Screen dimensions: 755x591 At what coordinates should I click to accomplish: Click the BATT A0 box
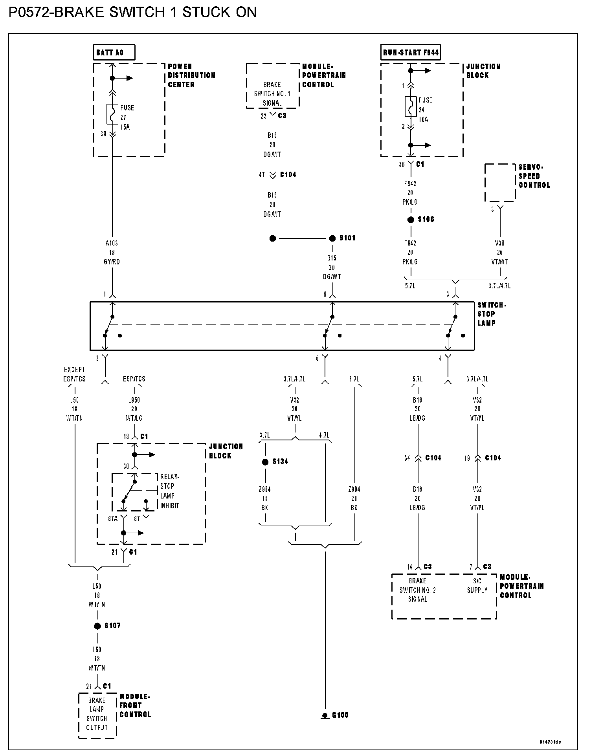coord(114,52)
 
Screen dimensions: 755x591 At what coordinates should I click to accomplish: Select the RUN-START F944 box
coord(410,52)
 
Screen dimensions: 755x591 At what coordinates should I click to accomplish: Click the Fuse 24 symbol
coord(411,106)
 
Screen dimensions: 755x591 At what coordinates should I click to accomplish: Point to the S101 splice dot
coord(332,238)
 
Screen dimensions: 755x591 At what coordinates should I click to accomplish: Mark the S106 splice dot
coord(411,220)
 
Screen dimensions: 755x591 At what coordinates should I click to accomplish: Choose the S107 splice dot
coord(97,626)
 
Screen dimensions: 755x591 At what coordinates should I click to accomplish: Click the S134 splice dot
coord(265,462)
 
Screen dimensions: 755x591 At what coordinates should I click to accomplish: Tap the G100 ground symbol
coord(325,715)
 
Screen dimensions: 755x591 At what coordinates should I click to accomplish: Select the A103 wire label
coord(112,244)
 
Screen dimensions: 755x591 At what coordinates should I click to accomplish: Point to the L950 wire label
coord(134,400)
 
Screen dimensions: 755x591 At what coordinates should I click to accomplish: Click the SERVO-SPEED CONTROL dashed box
coord(499,183)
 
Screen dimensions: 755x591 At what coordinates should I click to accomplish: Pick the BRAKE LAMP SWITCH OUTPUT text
coord(97,714)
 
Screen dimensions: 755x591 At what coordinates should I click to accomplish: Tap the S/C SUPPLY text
coord(477,585)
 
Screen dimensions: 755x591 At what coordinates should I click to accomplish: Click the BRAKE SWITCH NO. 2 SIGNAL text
coord(417,590)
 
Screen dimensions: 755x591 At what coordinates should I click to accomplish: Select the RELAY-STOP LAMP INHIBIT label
coord(169,491)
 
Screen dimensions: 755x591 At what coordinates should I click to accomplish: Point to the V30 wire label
coord(500,244)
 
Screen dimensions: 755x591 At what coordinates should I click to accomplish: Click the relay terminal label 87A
coord(113,519)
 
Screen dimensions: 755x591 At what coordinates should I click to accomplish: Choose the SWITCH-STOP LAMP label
coord(491,314)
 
